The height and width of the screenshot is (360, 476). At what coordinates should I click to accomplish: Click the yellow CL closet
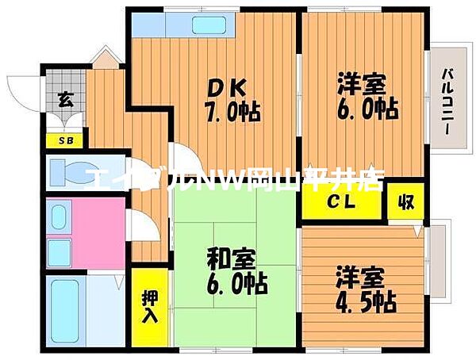click(343, 201)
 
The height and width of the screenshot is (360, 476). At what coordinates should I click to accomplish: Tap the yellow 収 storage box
click(405, 200)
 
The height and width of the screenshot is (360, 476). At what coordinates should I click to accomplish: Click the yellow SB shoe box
click(62, 141)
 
